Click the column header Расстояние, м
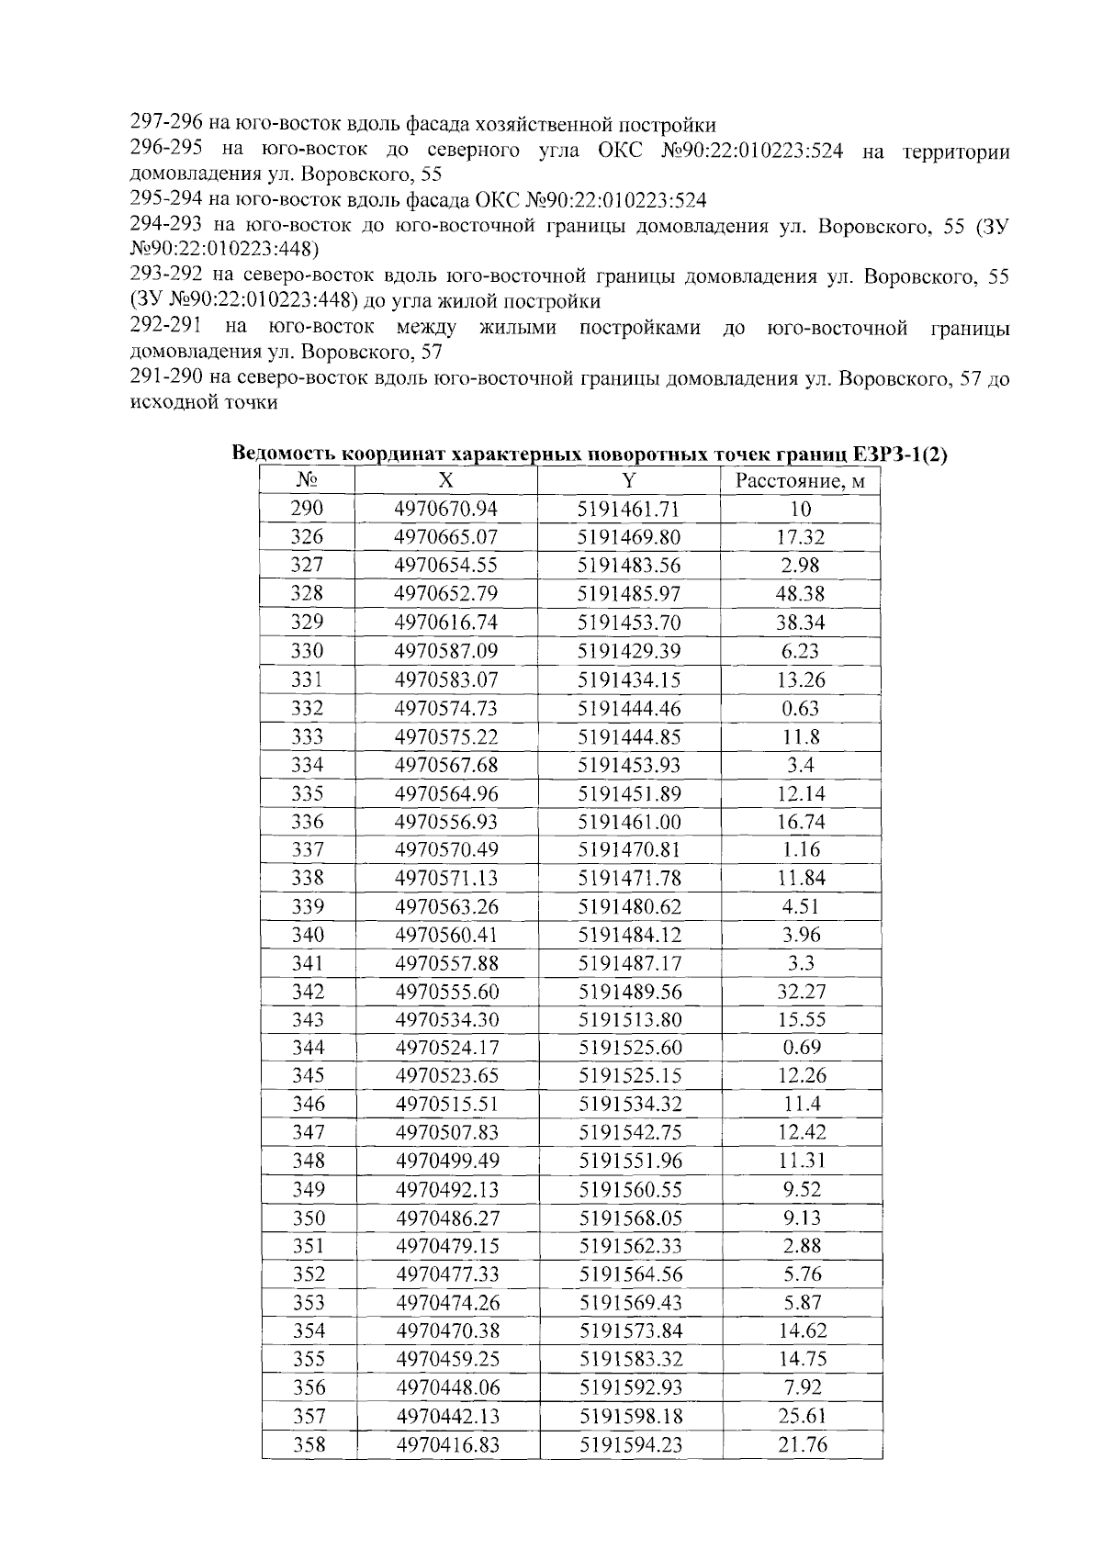point(801,481)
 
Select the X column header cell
point(445,481)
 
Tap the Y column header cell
point(629,481)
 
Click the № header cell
point(307,481)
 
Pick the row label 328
point(307,594)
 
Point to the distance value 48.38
point(800,594)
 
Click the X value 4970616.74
point(445,623)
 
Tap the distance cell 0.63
point(800,708)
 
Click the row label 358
point(309,1445)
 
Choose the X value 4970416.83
point(447,1445)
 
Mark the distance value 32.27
point(802,992)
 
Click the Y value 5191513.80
point(630,1020)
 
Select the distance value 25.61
point(802,1417)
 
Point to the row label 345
point(309,1076)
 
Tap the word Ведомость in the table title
point(284,453)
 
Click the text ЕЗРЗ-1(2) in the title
point(900,453)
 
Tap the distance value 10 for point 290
point(800,510)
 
